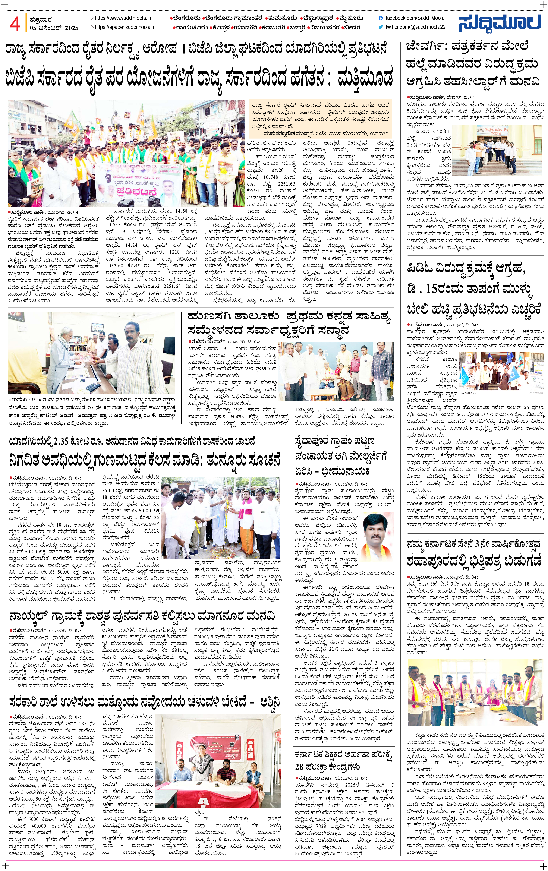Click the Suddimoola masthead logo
pos(500,23)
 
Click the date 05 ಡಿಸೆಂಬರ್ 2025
pos(54,28)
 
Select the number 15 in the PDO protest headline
pos(433,289)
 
